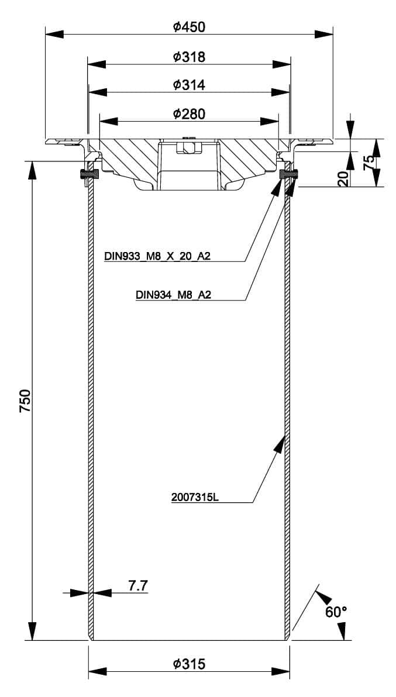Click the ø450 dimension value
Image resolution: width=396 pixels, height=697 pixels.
point(189,27)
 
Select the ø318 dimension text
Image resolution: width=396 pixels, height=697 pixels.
point(189,57)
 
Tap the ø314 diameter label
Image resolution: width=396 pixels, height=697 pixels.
point(189,85)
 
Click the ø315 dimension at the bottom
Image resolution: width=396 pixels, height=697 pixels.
point(189,664)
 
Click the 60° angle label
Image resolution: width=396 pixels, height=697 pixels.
point(336,612)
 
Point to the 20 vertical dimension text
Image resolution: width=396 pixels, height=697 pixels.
point(343,178)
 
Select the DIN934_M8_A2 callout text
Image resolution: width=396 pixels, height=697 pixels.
point(173,295)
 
